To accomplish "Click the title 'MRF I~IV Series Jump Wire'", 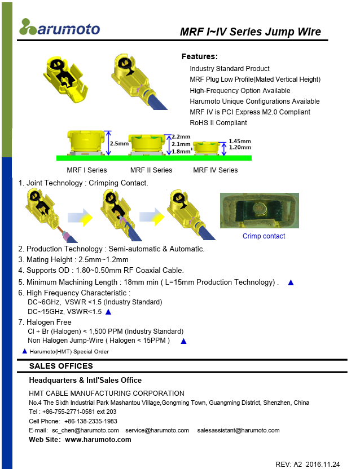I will point(250,32).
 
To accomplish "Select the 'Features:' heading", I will point(199,56).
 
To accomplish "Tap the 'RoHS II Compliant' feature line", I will point(218,123).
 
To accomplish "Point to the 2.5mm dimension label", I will point(119,144).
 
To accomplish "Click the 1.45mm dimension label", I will point(239,141).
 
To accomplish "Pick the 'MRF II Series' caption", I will point(151,170).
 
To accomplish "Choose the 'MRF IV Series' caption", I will point(215,170).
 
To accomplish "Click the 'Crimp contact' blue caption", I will point(264,236).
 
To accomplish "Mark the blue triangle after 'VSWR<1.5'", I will point(108,311).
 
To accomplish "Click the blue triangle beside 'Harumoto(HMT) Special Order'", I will point(24,351).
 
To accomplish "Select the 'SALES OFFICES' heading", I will point(60,366).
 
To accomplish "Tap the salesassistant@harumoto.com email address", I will point(238,430).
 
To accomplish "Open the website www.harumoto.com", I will point(98,440).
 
